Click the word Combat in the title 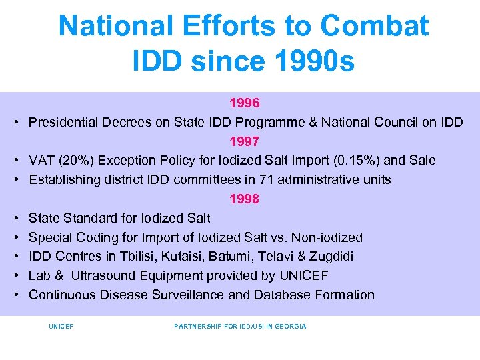(374, 26)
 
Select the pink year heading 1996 (244, 103)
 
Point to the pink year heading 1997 (244, 141)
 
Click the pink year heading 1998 (244, 199)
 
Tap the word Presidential (63, 122)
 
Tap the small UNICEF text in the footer (61, 326)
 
